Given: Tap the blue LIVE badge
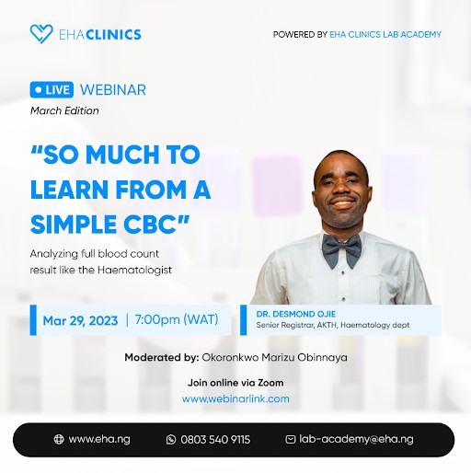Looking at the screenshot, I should click(52, 90).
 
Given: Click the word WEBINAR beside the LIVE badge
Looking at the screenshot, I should click(113, 90).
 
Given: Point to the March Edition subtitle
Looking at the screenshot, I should click(64, 110).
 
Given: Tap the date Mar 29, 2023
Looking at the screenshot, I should click(80, 320).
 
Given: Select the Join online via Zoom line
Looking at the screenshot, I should click(235, 382).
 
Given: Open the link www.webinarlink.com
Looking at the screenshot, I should click(235, 398).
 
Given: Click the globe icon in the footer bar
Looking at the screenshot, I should click(59, 440).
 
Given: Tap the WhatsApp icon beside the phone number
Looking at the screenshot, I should click(171, 440).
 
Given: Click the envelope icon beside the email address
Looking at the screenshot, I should click(291, 440).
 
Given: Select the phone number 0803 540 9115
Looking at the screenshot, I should click(214, 440).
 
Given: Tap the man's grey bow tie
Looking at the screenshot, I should click(341, 248).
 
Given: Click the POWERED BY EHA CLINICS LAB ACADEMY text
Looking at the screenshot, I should click(357, 34).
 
